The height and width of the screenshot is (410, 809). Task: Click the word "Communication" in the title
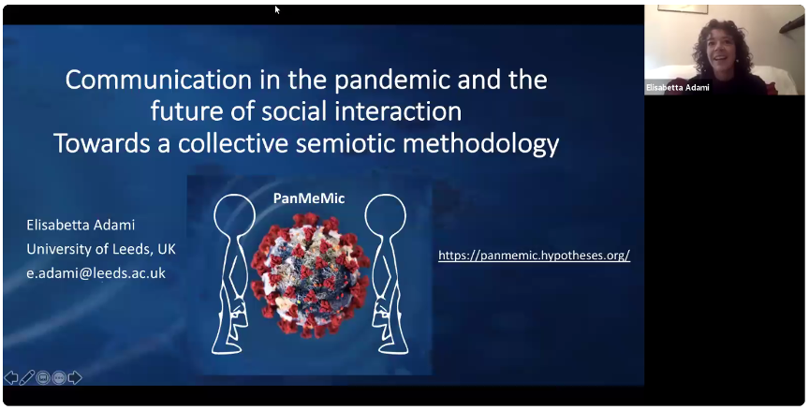pyautogui.click(x=158, y=80)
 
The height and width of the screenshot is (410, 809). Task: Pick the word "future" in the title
pyautogui.click(x=185, y=112)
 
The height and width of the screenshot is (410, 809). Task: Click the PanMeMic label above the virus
pyautogui.click(x=309, y=198)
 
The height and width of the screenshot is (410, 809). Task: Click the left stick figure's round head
pyautogui.click(x=235, y=215)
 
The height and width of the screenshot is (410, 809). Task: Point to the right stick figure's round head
pyautogui.click(x=386, y=215)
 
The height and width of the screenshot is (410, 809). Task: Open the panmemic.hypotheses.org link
pyautogui.click(x=534, y=256)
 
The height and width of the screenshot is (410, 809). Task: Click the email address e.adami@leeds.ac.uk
pyautogui.click(x=96, y=272)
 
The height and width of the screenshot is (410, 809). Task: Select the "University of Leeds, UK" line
pyautogui.click(x=101, y=249)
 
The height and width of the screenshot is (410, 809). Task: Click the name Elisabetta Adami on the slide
pyautogui.click(x=81, y=225)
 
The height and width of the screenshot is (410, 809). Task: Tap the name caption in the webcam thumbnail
pyautogui.click(x=677, y=88)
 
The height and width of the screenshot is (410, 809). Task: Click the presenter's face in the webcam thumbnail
pyautogui.click(x=722, y=51)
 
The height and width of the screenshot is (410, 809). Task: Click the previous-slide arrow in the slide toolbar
pyautogui.click(x=11, y=377)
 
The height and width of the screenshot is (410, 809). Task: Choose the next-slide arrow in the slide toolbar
pyautogui.click(x=75, y=377)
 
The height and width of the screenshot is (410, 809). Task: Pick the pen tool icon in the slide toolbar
pyautogui.click(x=27, y=377)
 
